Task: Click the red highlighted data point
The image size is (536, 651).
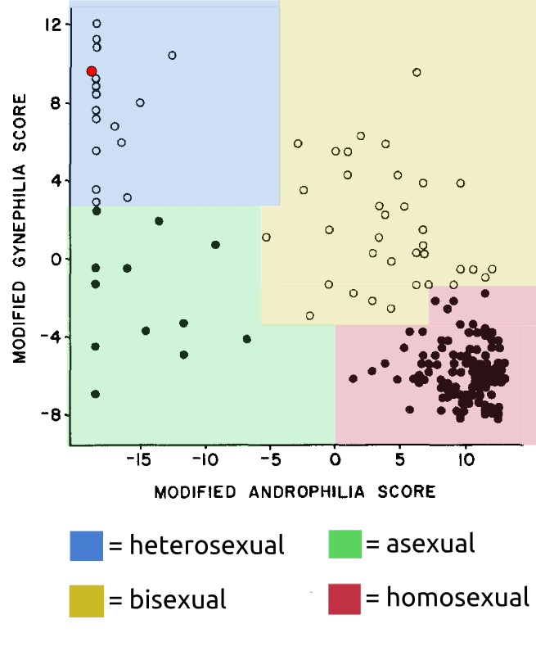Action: point(92,71)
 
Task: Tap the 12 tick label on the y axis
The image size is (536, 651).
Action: point(52,25)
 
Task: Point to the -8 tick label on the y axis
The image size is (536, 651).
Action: point(50,414)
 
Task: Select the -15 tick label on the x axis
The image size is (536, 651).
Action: point(138,460)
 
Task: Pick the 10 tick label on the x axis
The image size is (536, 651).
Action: point(466,460)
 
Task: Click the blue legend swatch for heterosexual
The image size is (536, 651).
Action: point(86,545)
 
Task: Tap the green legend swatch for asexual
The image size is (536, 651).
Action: point(345,544)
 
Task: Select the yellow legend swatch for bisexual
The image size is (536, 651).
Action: point(86,601)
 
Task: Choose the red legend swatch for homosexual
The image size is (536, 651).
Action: point(345,599)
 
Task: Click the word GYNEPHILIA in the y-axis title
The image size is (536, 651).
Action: point(19,215)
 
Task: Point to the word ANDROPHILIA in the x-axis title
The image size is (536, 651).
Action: point(307,492)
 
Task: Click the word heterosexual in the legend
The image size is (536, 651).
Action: point(206,545)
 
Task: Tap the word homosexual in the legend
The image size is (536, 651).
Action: point(457,598)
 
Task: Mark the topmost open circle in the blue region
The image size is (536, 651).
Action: point(97,24)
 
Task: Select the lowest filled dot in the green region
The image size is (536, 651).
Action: point(96,394)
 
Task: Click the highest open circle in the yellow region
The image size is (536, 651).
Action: point(417,73)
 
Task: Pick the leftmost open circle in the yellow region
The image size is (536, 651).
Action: point(266,237)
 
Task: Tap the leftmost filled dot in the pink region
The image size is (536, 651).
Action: point(353,378)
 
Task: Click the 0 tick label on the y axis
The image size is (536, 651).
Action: point(56,260)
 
